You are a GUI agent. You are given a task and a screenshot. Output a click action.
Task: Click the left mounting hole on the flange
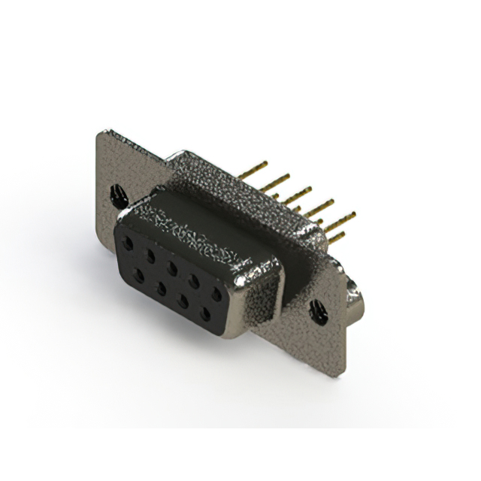[x=119, y=197]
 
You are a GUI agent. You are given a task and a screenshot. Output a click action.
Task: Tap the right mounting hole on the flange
[x=318, y=307]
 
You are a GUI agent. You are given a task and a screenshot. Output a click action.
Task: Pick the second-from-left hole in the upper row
[x=151, y=256]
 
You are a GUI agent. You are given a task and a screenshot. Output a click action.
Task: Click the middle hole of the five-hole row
[x=173, y=268]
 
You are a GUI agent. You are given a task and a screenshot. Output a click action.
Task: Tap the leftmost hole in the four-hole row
[x=138, y=275]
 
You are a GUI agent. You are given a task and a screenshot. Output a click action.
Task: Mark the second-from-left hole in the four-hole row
[x=160, y=288]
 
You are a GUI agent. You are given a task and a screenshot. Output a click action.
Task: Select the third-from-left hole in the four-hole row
[x=183, y=301]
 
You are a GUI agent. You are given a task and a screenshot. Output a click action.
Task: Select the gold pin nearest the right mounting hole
[x=336, y=237]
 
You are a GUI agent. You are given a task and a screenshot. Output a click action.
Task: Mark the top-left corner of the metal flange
[x=100, y=132]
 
